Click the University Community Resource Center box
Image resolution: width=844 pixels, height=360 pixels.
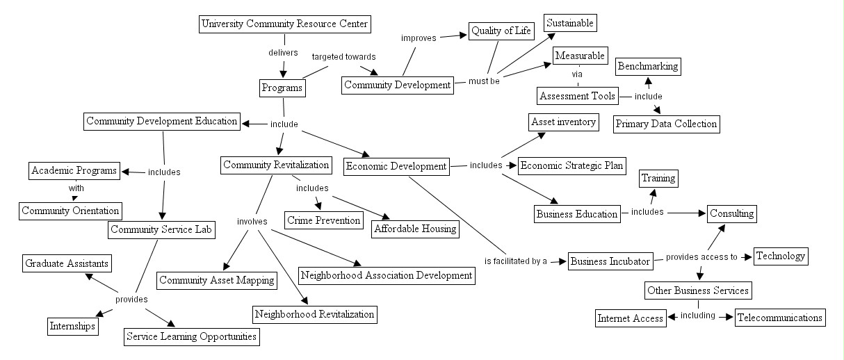coord(284,25)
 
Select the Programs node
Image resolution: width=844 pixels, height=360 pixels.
coord(282,88)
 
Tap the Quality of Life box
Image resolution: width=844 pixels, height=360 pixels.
coord(500,31)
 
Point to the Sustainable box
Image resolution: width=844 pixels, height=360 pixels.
coord(570,23)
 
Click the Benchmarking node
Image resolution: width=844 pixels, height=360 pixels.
coord(647,67)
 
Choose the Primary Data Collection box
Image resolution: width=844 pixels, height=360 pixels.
coord(666,124)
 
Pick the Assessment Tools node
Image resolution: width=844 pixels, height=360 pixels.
coord(577,96)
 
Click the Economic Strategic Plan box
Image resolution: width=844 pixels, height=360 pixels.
coord(571,165)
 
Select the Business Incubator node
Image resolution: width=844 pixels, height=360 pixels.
coord(610,261)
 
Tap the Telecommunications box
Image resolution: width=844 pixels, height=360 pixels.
coord(779,318)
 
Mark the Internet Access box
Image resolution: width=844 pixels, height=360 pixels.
coord(631,318)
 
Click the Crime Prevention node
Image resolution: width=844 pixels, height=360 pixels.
coord(325,220)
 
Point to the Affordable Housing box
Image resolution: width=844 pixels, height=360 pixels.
coord(415,228)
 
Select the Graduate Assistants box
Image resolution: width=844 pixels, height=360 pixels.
coord(67,263)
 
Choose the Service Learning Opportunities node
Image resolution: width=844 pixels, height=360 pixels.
coord(191,337)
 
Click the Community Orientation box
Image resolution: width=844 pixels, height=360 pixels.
coord(70,211)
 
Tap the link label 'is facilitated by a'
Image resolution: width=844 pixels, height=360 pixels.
coord(516,261)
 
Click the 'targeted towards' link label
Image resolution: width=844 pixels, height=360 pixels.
coord(343,56)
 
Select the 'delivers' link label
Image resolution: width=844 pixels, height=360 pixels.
coord(283,52)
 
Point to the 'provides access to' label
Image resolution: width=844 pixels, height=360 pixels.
coord(701,257)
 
